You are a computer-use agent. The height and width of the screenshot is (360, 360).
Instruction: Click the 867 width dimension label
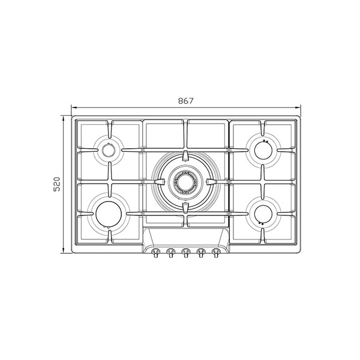186,101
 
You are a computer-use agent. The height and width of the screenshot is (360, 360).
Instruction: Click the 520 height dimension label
56,184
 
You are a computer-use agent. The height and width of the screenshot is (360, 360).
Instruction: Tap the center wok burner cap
185,182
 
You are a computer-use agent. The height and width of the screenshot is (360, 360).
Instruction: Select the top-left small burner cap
109,150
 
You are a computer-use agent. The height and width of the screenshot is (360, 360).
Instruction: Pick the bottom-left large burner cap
109,214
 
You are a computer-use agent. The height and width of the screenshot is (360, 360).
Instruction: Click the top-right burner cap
263,151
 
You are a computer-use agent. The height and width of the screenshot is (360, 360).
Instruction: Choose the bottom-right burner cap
263,214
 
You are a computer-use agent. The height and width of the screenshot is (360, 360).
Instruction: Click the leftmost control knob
155,253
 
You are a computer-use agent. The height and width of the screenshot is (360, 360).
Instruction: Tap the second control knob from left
170,253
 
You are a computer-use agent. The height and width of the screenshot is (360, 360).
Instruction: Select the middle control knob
185,253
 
